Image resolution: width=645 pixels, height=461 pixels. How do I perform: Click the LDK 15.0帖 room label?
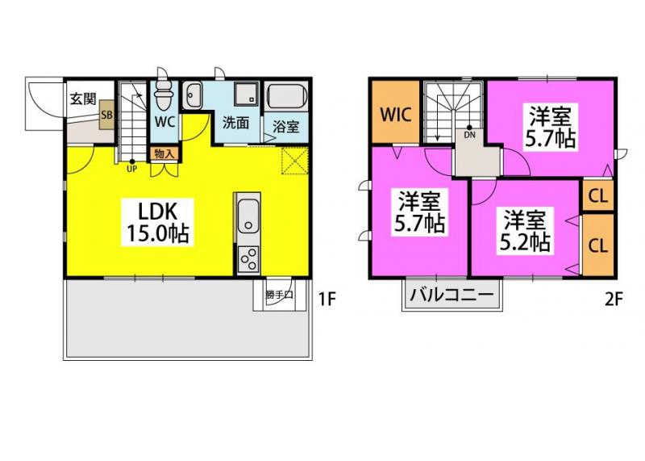click(157, 223)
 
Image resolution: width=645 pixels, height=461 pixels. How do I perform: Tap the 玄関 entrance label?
click(82, 99)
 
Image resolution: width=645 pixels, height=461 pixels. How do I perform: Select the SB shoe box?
click(105, 115)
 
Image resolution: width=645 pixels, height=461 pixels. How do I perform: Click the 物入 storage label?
click(164, 152)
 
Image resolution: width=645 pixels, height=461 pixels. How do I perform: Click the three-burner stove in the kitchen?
click(248, 259)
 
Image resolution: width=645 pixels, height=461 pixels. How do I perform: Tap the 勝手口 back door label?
click(278, 295)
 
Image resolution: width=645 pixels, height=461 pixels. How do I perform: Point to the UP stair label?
click(130, 169)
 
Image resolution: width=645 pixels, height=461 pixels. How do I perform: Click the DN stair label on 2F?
click(469, 135)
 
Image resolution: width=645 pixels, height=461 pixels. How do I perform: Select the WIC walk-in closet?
click(395, 114)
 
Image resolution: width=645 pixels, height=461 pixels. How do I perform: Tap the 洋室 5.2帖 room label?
click(528, 230)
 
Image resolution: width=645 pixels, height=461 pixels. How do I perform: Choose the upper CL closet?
click(597, 195)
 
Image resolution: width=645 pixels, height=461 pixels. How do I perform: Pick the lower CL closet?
click(597, 245)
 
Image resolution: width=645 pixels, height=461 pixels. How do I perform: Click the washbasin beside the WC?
click(193, 98)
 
